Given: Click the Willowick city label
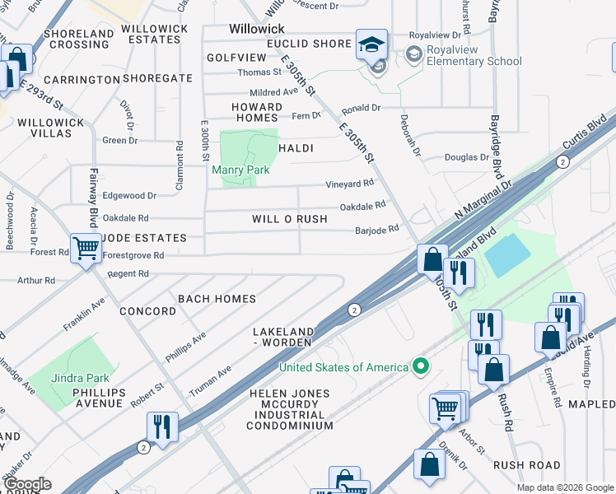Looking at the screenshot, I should pyautogui.click(x=255, y=27).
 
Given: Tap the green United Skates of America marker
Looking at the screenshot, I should pyautogui.click(x=421, y=366).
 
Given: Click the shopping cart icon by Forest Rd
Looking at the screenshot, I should pyautogui.click(x=86, y=247).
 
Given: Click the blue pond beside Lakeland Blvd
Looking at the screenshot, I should pyautogui.click(x=508, y=255).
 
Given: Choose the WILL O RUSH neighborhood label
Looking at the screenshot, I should pyautogui.click(x=290, y=219).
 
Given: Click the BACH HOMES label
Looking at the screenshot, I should pyautogui.click(x=217, y=299).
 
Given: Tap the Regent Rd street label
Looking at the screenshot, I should pyautogui.click(x=128, y=273).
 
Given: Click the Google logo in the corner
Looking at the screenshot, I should pyautogui.click(x=26, y=484).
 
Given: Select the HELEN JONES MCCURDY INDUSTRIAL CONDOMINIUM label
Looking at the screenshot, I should pyautogui.click(x=291, y=410).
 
